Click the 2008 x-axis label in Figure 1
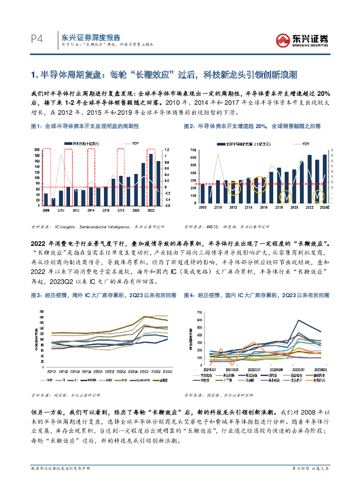[x=46, y=210]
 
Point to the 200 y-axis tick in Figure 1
[x=37, y=150]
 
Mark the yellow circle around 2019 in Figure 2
[x=287, y=196]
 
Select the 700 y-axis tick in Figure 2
[x=193, y=150]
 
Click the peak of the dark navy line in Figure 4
[x=298, y=320]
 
